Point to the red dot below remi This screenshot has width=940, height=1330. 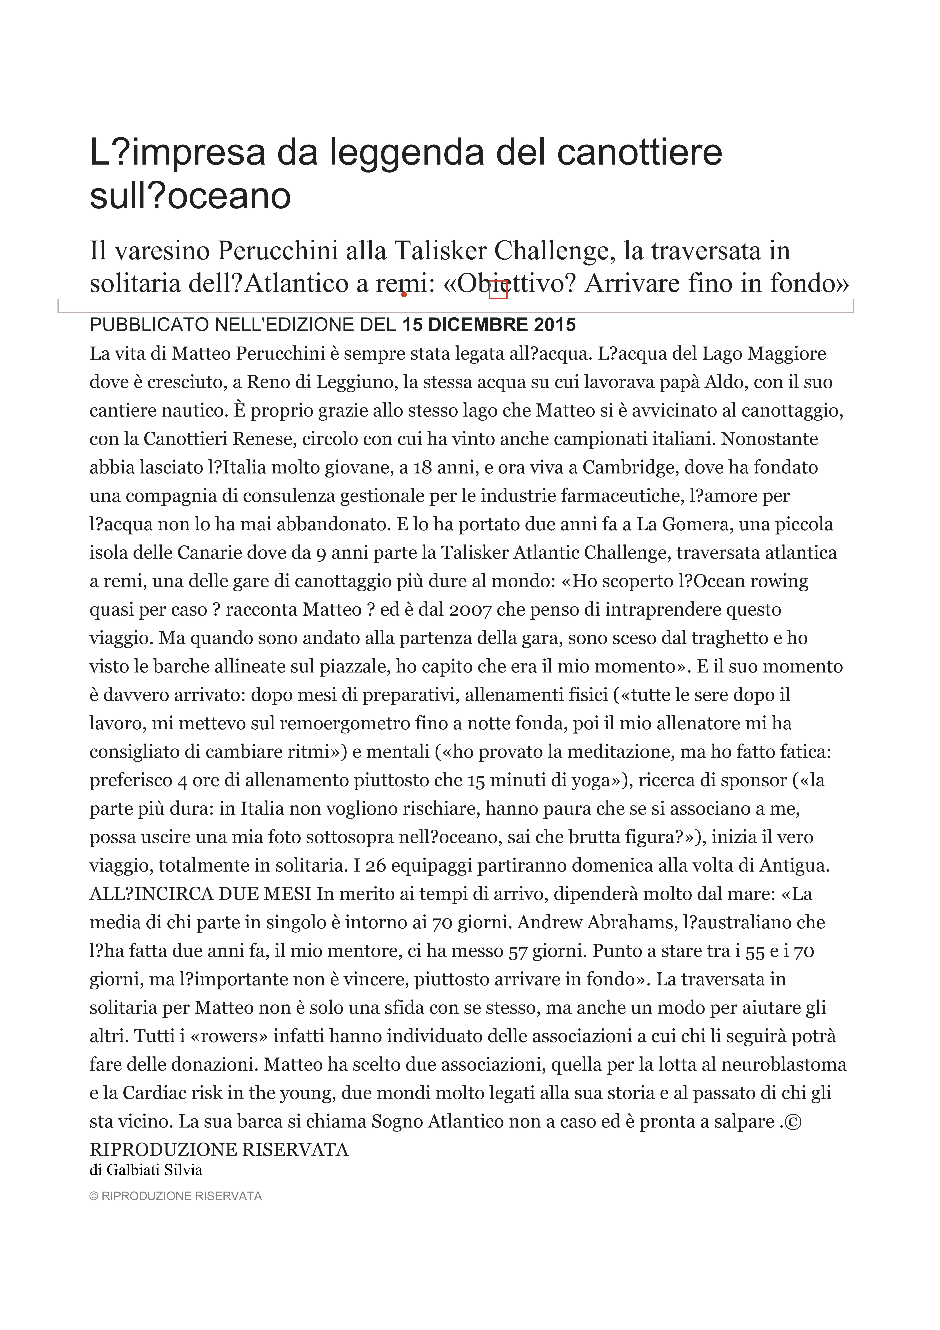[404, 295]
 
